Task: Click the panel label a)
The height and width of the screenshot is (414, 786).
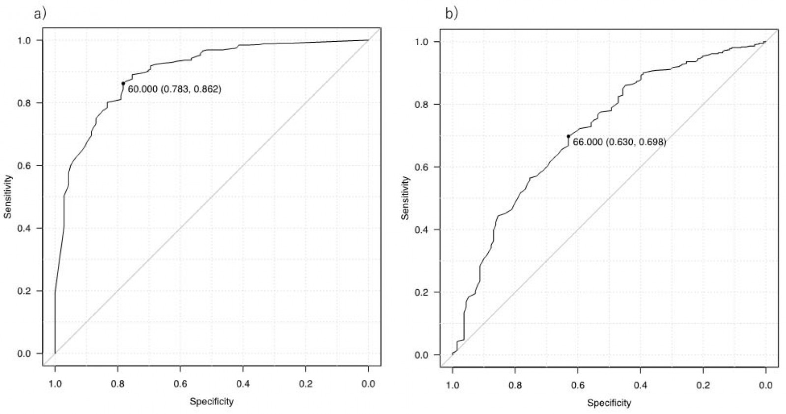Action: click(x=40, y=14)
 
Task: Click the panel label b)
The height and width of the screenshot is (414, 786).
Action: click(x=451, y=14)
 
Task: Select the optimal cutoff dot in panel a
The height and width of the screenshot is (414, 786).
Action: click(x=123, y=83)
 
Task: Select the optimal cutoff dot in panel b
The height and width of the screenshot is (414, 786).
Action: click(x=568, y=136)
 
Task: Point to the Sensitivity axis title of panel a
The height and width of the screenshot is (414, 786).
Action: click(x=8, y=197)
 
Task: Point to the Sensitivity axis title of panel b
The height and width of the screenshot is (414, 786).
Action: click(x=405, y=198)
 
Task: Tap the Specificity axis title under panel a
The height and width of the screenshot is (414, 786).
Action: click(x=212, y=402)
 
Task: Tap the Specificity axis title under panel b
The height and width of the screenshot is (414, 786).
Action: click(x=609, y=403)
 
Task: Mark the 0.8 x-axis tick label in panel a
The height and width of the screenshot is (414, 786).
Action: click(x=117, y=384)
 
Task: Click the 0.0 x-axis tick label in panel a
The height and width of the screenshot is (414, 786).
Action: click(x=368, y=384)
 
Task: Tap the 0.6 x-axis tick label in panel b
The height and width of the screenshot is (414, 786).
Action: click(x=578, y=386)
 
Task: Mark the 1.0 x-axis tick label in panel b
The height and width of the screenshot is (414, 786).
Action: click(x=452, y=386)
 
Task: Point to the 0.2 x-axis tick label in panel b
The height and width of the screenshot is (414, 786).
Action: click(x=703, y=386)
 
